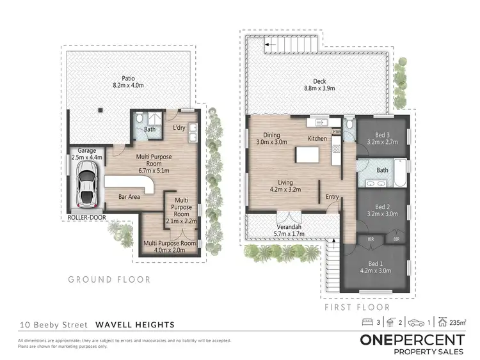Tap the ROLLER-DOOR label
pyautogui.click(x=86, y=216)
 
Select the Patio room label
pyautogui.click(x=122, y=79)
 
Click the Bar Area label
pyautogui.click(x=130, y=197)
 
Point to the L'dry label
pyautogui.click(x=179, y=129)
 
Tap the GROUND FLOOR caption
pyautogui.click(x=109, y=279)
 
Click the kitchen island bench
pyautogui.click(x=306, y=155)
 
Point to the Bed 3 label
pyautogui.click(x=381, y=135)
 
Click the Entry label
pyautogui.click(x=332, y=197)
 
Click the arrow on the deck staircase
pyautogui.click(x=267, y=45)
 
